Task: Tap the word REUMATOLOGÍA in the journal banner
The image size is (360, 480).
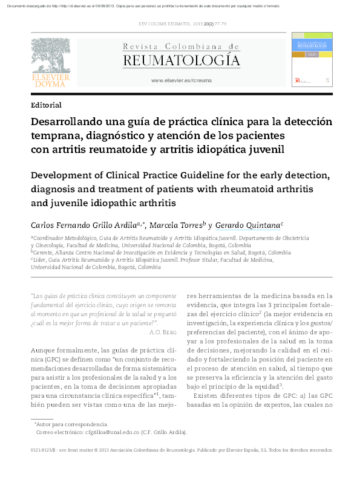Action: [x=181, y=60]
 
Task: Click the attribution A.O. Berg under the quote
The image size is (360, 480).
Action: [x=162, y=332]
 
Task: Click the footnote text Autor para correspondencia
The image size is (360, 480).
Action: [x=73, y=424]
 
